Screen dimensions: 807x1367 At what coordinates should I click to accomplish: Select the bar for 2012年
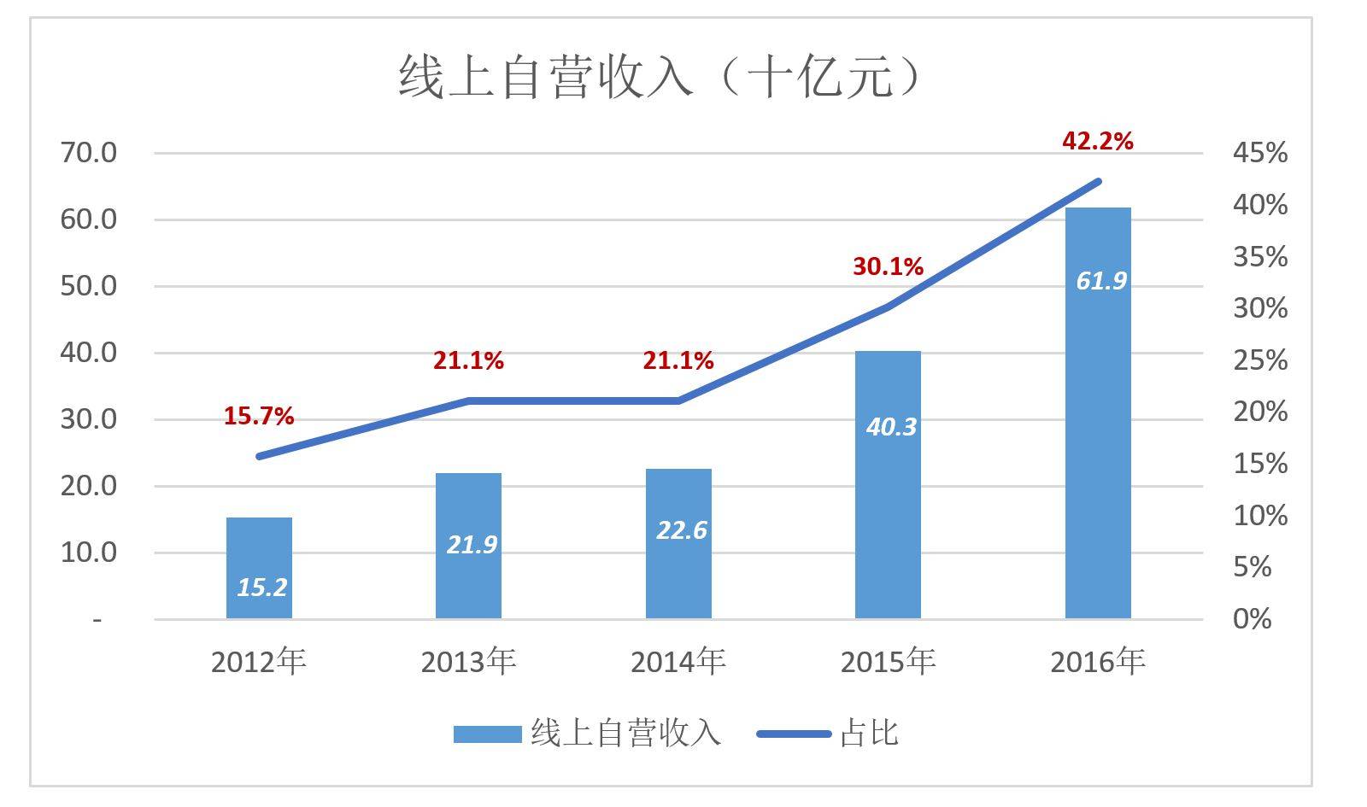coord(259,567)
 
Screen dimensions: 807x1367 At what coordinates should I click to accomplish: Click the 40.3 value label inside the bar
coord(890,426)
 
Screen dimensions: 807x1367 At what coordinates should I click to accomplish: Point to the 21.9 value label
coord(472,544)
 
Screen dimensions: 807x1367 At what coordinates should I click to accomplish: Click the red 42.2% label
coord(1097,141)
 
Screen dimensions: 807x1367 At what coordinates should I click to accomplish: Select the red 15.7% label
coord(259,416)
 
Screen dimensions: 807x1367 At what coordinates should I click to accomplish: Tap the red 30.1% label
coord(888,267)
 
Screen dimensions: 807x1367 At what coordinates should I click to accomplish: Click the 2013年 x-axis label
coord(468,662)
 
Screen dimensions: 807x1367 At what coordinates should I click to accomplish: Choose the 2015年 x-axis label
coord(888,662)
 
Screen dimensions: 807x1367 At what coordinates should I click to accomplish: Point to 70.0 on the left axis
coord(88,153)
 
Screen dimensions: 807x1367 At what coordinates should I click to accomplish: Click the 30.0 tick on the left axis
coord(88,419)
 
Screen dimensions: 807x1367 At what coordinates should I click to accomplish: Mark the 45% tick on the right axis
coord(1258,153)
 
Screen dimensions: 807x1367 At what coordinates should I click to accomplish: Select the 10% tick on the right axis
coord(1258,516)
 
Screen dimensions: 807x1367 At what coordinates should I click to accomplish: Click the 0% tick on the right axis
coord(1252,619)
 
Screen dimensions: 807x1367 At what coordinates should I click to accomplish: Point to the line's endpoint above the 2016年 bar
coord(1098,181)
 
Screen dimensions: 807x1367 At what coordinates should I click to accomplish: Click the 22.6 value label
coord(681,530)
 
